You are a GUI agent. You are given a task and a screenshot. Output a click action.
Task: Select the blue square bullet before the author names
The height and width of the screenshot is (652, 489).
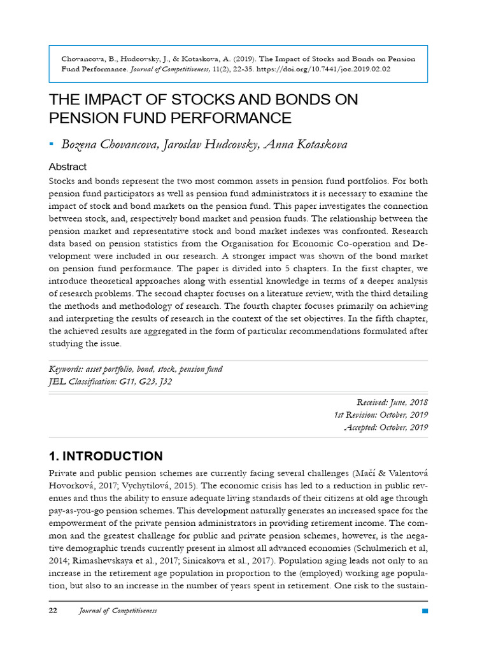52,145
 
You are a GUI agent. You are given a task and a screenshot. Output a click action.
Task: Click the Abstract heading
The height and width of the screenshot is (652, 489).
67,167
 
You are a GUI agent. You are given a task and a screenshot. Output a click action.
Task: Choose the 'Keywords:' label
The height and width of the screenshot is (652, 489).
67,370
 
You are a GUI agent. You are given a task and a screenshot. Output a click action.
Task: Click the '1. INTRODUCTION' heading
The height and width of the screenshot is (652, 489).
106,457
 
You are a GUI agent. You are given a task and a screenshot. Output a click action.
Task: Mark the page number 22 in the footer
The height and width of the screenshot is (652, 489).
53,611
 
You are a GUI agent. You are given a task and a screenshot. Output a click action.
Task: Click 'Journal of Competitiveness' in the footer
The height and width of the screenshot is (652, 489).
118,611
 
